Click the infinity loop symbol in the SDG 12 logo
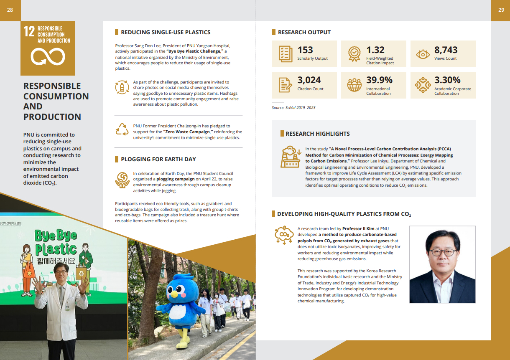48,57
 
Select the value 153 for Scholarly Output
305,50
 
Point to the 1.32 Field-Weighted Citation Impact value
375,50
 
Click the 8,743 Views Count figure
446,50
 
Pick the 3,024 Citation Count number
309,80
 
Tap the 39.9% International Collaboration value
379,80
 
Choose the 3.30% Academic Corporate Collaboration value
447,80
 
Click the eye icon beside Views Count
423,54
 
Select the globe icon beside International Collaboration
354,85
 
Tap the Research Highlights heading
318,134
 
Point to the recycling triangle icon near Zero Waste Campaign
122,129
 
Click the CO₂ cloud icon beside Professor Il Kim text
284,235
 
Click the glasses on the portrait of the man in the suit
443,252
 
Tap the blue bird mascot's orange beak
183,293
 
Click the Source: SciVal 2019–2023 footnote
293,108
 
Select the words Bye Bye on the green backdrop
56,236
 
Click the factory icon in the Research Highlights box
290,157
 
